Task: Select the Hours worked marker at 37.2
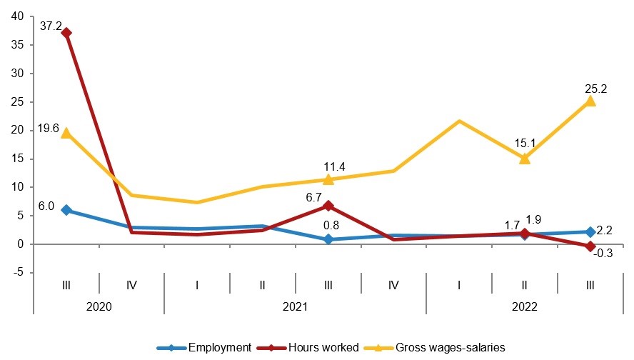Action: pyautogui.click(x=66, y=33)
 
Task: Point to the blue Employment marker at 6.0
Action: pyautogui.click(x=66, y=210)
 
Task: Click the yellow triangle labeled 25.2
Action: pyautogui.click(x=590, y=101)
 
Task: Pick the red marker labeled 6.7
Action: pyautogui.click(x=328, y=206)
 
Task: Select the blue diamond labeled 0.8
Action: pyautogui.click(x=328, y=239)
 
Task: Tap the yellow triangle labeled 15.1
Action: pyautogui.click(x=525, y=158)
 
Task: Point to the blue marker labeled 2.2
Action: pyautogui.click(x=590, y=231)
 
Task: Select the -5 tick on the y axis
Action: pyautogui.click(x=19, y=273)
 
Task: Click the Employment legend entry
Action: pyautogui.click(x=219, y=347)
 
